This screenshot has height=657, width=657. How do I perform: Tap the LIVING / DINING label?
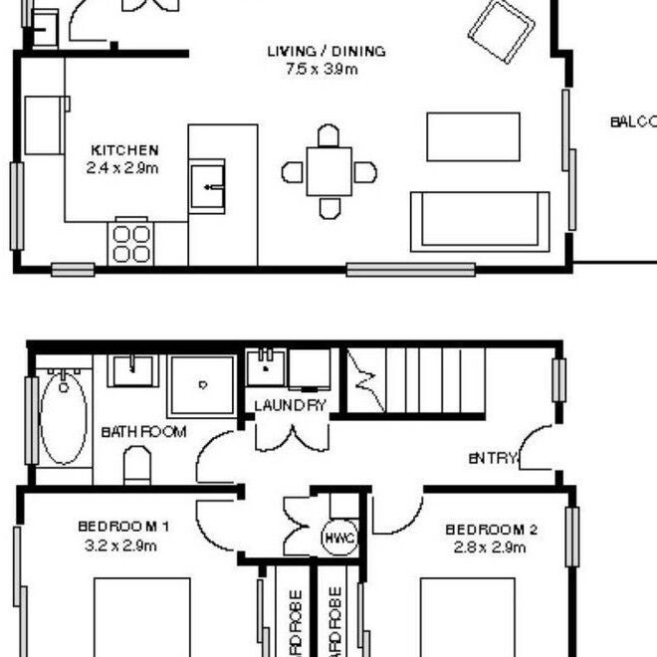pos(326,51)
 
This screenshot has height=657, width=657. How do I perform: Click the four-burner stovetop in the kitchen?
pos(131,240)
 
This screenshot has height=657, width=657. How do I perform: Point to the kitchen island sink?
pos(209,185)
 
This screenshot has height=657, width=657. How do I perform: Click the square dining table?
pos(328,171)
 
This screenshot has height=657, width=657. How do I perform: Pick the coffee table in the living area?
pos(473,136)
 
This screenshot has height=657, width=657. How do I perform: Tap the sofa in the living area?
pos(480,220)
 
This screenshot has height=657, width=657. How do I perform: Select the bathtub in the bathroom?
pos(64,418)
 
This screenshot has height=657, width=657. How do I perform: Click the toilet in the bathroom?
pos(136,466)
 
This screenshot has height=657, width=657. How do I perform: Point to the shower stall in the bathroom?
pos(202,384)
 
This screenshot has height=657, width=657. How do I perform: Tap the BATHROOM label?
pos(143,432)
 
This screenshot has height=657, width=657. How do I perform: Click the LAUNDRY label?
pos(290,405)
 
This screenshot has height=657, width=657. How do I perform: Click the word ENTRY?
pos(493,458)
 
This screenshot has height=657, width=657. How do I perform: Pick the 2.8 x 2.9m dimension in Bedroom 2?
pos(491,547)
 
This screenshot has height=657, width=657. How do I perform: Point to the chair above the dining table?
pos(328,134)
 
